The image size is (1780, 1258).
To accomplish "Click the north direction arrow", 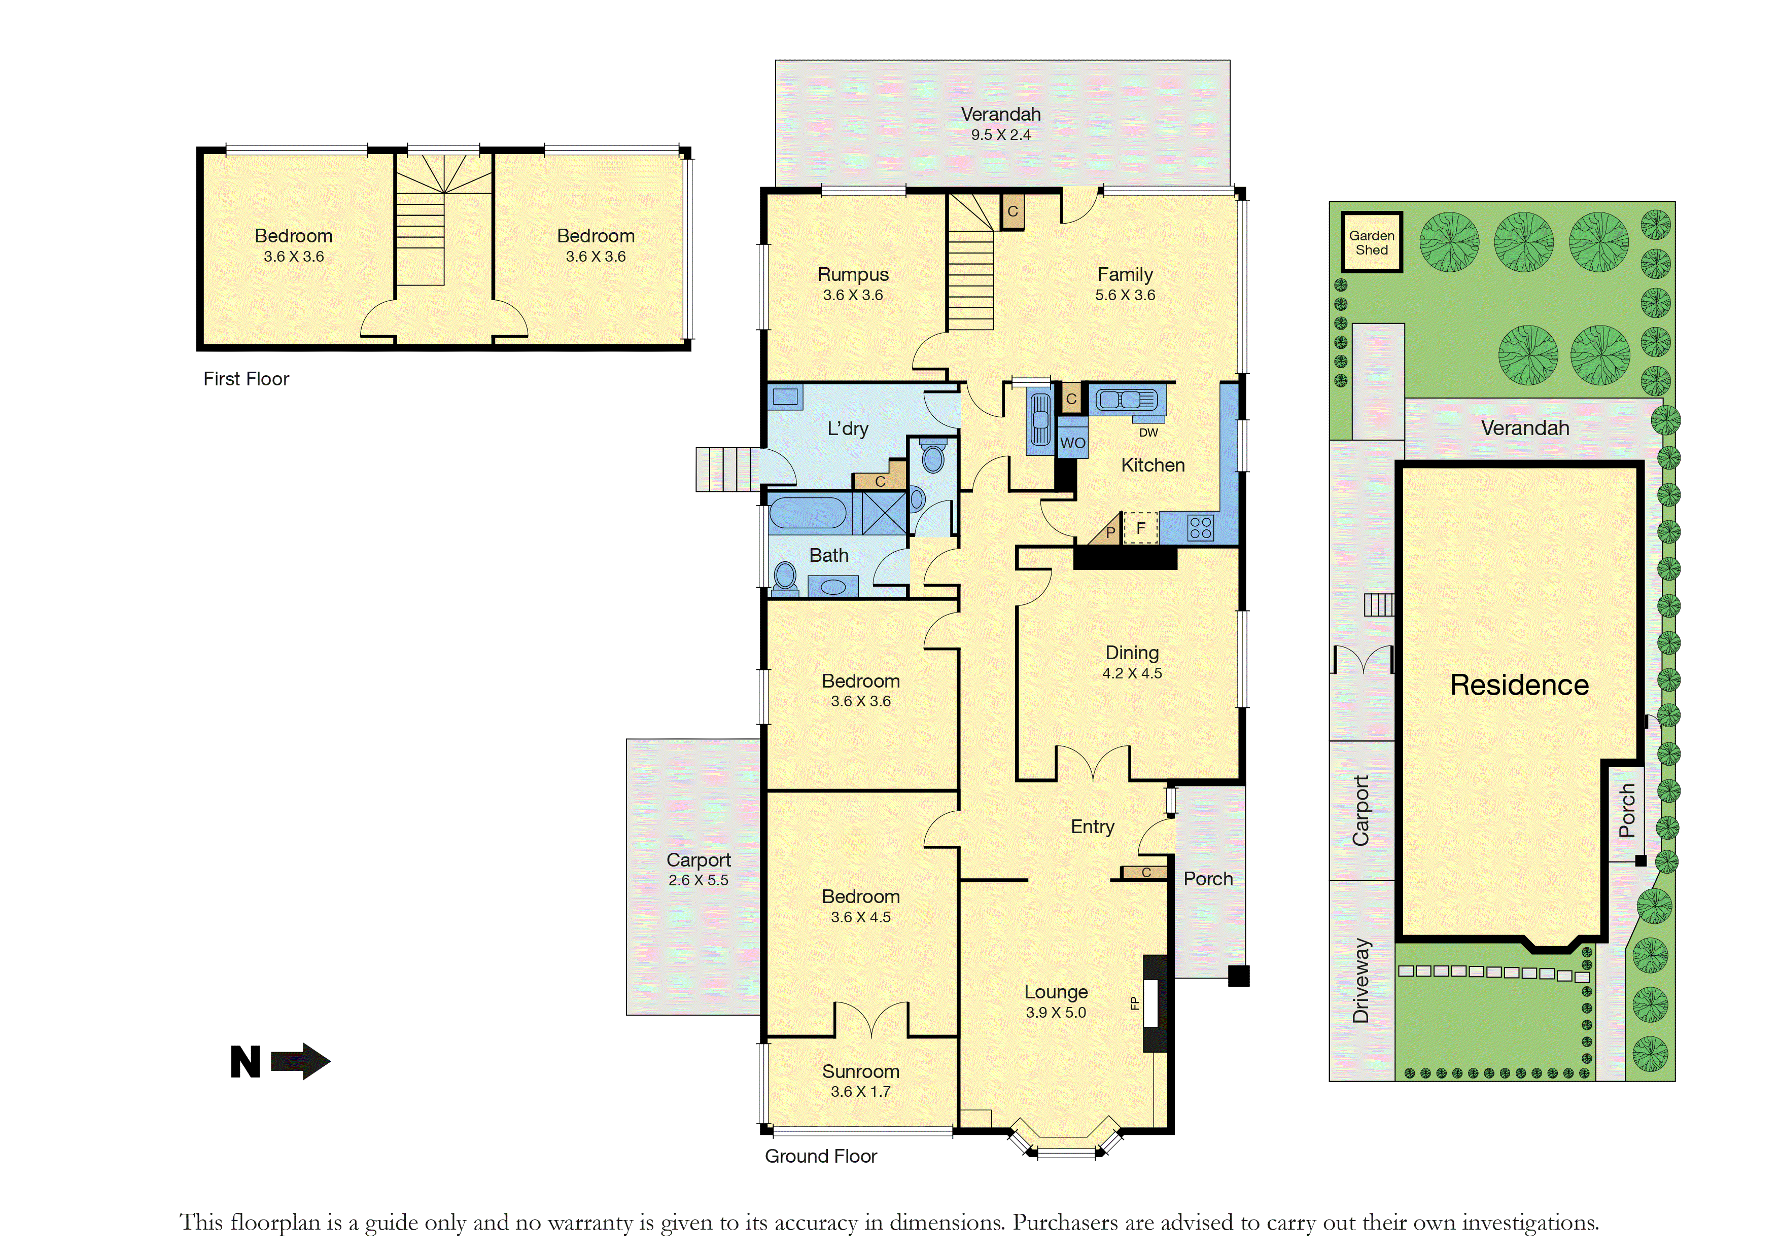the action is [x=301, y=1061].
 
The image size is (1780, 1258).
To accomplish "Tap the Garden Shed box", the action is [x=1372, y=242].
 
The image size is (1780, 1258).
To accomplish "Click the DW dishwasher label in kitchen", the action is [x=1148, y=433].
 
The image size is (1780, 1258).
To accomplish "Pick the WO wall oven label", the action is [x=1072, y=443].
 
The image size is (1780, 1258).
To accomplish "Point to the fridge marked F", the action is [x=1140, y=528].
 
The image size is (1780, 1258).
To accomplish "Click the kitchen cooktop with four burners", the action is [x=1200, y=528].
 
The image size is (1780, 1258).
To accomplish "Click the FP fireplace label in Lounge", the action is [x=1135, y=1003].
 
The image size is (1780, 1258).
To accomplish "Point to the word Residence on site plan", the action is [x=1519, y=685].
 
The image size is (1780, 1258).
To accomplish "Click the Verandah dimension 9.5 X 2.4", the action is [x=1001, y=135].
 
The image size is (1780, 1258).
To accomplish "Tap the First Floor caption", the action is [x=246, y=379].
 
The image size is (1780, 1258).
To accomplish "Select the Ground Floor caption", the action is [x=821, y=1157].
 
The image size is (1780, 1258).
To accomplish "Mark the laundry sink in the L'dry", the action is [x=785, y=397].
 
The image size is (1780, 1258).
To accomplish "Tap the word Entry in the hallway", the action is [x=1092, y=827].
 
